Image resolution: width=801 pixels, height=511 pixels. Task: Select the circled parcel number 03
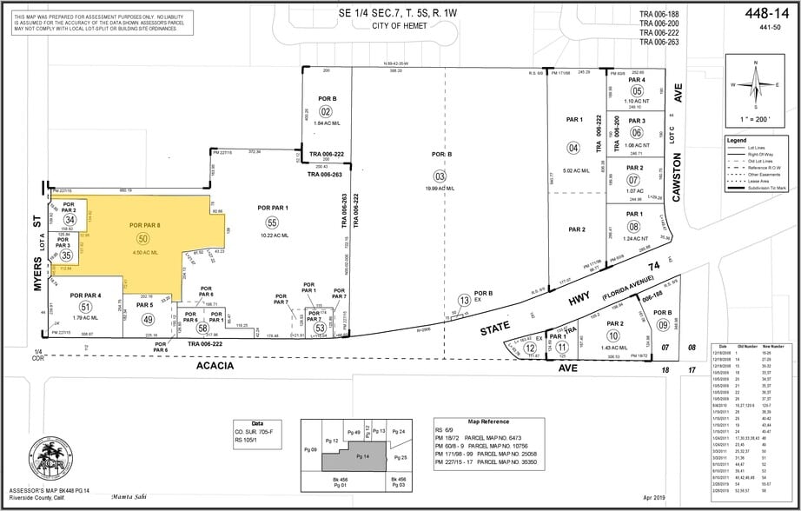pos(440,176)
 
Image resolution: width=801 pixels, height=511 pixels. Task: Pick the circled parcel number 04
pos(573,147)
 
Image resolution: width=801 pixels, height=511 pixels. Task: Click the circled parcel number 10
pos(613,335)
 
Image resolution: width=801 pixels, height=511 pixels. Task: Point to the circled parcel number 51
pos(85,307)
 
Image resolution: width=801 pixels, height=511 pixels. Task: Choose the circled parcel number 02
pos(326,111)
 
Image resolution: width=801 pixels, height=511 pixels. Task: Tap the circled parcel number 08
pos(637,227)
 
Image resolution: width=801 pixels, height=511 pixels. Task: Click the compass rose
pos(758,85)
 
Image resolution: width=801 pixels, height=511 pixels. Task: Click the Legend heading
pos(737,140)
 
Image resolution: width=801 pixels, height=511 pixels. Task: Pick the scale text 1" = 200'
pos(758,117)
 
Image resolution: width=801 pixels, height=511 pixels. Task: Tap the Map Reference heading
pos(485,418)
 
